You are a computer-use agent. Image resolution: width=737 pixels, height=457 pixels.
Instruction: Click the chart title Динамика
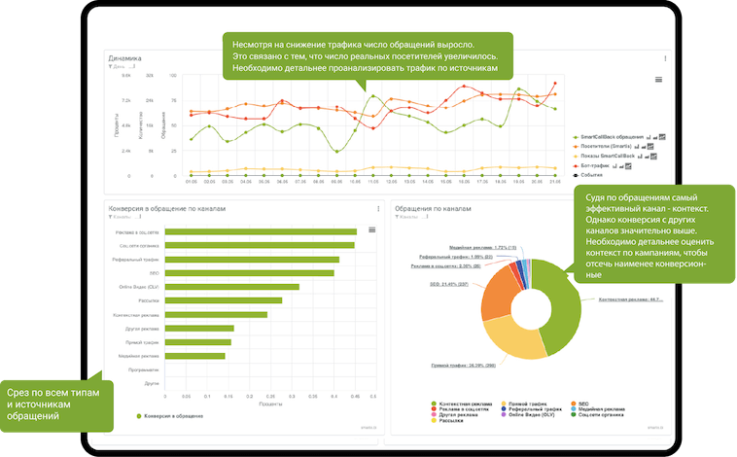coord(126,58)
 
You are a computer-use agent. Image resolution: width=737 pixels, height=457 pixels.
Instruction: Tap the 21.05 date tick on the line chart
coord(554,181)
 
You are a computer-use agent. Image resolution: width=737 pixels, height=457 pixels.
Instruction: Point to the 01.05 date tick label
coord(191,181)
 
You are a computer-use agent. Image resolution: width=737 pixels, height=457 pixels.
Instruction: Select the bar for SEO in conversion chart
coord(249,273)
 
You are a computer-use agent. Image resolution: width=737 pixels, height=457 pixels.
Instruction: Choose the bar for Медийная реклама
coord(194,356)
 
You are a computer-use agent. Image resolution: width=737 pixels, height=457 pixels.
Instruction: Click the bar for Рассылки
coord(223,300)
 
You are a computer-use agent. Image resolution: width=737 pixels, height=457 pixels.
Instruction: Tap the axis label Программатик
coord(144,370)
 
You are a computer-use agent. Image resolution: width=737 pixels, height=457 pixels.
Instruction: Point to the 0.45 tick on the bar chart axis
coord(355,396)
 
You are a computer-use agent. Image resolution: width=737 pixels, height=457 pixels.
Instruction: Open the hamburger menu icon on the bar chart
coord(371,229)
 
